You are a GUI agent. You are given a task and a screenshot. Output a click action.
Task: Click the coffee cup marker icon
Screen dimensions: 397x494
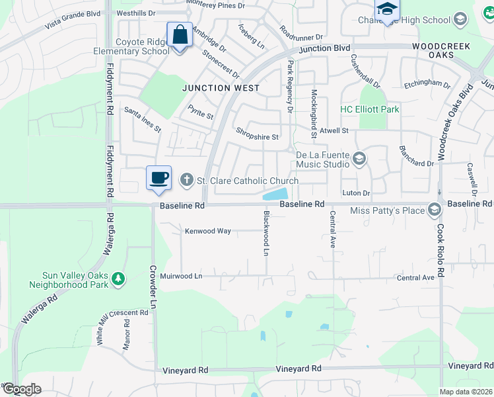pyautogui.click(x=159, y=178)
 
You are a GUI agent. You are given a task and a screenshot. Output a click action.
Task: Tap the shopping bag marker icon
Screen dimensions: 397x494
pyautogui.click(x=180, y=35)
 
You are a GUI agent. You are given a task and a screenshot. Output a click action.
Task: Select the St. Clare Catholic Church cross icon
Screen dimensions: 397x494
pyautogui.click(x=187, y=180)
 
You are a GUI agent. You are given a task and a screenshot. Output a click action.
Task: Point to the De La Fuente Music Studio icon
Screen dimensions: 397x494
pyautogui.click(x=360, y=158)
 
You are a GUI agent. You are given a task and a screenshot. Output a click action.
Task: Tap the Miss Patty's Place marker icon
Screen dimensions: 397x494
pyautogui.click(x=435, y=210)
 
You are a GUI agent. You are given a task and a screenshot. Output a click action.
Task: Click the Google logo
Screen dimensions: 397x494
pyautogui.click(x=21, y=389)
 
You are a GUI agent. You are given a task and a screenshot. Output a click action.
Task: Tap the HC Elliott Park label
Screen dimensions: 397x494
pyautogui.click(x=370, y=109)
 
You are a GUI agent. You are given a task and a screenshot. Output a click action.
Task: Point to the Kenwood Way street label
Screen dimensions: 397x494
pyautogui.click(x=207, y=231)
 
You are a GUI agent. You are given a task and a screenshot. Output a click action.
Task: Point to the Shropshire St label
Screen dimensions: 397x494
pyautogui.click(x=258, y=137)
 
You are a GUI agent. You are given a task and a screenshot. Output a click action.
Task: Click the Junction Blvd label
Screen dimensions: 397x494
pyautogui.click(x=324, y=48)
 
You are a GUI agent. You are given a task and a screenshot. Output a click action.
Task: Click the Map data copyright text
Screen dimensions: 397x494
pyautogui.click(x=466, y=392)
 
